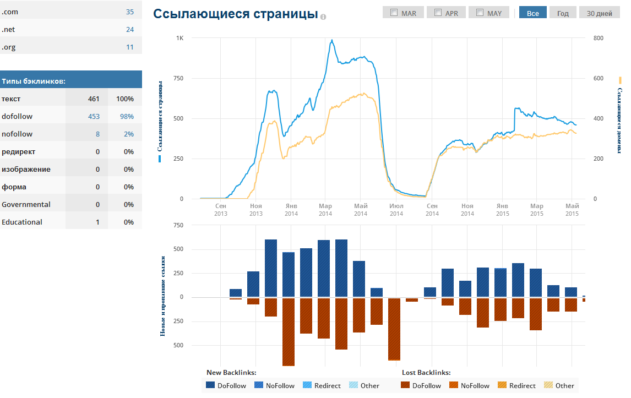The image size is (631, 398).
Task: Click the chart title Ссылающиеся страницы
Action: tap(236, 14)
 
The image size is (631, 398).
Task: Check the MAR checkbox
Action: tap(394, 13)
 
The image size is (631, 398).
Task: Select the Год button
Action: tap(563, 13)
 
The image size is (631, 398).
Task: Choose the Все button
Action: tap(532, 13)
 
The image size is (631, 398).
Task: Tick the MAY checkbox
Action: tap(480, 13)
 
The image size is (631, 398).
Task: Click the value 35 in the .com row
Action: tap(129, 12)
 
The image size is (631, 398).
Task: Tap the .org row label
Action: tap(9, 47)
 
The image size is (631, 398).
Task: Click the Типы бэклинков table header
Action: tap(34, 81)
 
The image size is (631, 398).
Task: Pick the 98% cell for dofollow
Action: tap(127, 117)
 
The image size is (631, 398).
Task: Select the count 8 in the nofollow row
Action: tap(97, 134)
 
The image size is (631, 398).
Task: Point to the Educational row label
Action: tap(22, 222)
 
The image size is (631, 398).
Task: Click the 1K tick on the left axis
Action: tap(179, 38)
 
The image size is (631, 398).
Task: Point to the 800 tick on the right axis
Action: tap(598, 38)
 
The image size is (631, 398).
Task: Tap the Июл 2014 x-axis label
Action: tap(396, 210)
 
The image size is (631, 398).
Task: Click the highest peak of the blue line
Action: tap(332, 40)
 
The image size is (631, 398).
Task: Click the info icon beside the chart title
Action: tap(323, 17)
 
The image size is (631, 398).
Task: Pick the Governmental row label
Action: tap(26, 205)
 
